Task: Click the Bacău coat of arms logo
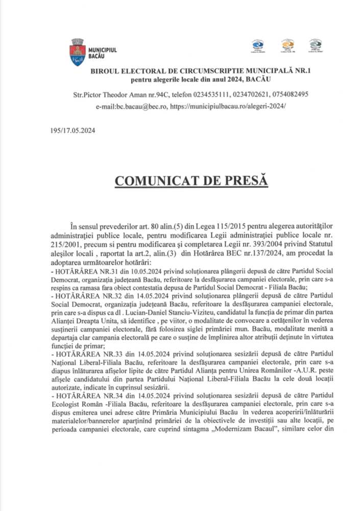click(77, 51)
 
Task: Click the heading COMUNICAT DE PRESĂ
click(190, 181)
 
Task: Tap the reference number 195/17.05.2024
click(73, 130)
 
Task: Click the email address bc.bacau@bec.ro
click(139, 107)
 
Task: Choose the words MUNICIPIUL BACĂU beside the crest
click(103, 52)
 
